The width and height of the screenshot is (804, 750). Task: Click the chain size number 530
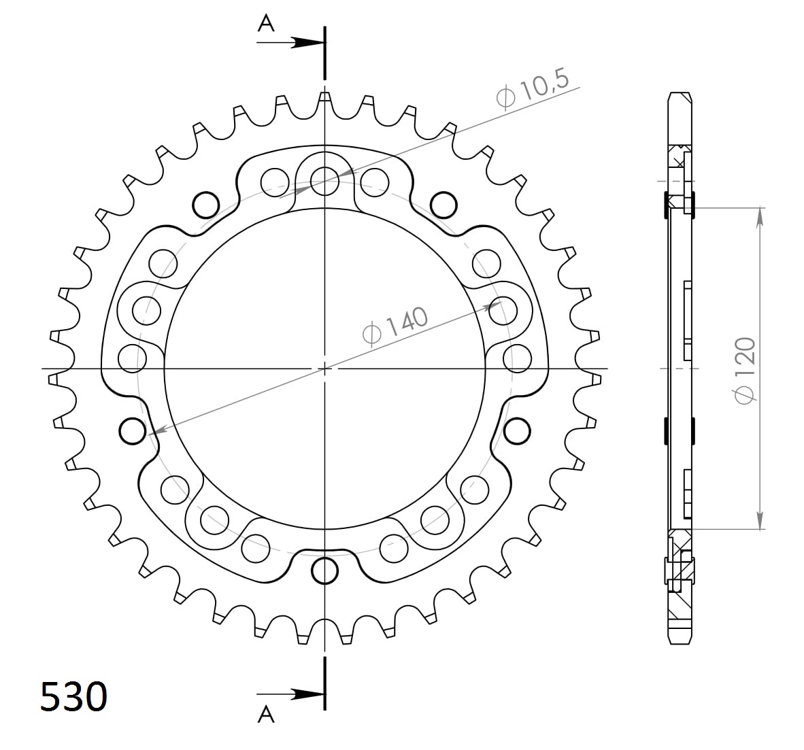pyautogui.click(x=73, y=696)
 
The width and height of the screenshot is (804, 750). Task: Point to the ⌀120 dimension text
pyautogui.click(x=745, y=370)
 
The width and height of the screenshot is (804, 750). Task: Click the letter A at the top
pyautogui.click(x=266, y=24)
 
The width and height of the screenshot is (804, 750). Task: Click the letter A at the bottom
pyautogui.click(x=266, y=714)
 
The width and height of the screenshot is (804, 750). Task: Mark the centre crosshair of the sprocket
pyautogui.click(x=325, y=369)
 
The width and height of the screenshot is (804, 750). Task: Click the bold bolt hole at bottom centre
pyautogui.click(x=325, y=570)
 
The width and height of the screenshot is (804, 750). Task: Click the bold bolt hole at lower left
pyautogui.click(x=132, y=430)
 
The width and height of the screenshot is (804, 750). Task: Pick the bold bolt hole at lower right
pyautogui.click(x=518, y=430)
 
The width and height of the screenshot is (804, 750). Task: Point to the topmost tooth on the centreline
pyautogui.click(x=325, y=98)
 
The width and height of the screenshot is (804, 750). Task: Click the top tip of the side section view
pyautogui.click(x=680, y=94)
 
